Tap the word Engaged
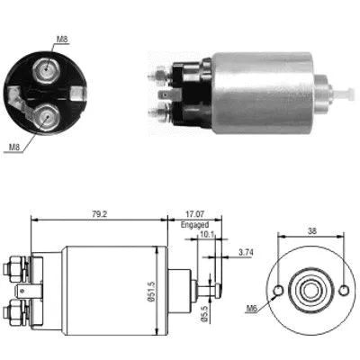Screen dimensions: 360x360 (x=194, y=226)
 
